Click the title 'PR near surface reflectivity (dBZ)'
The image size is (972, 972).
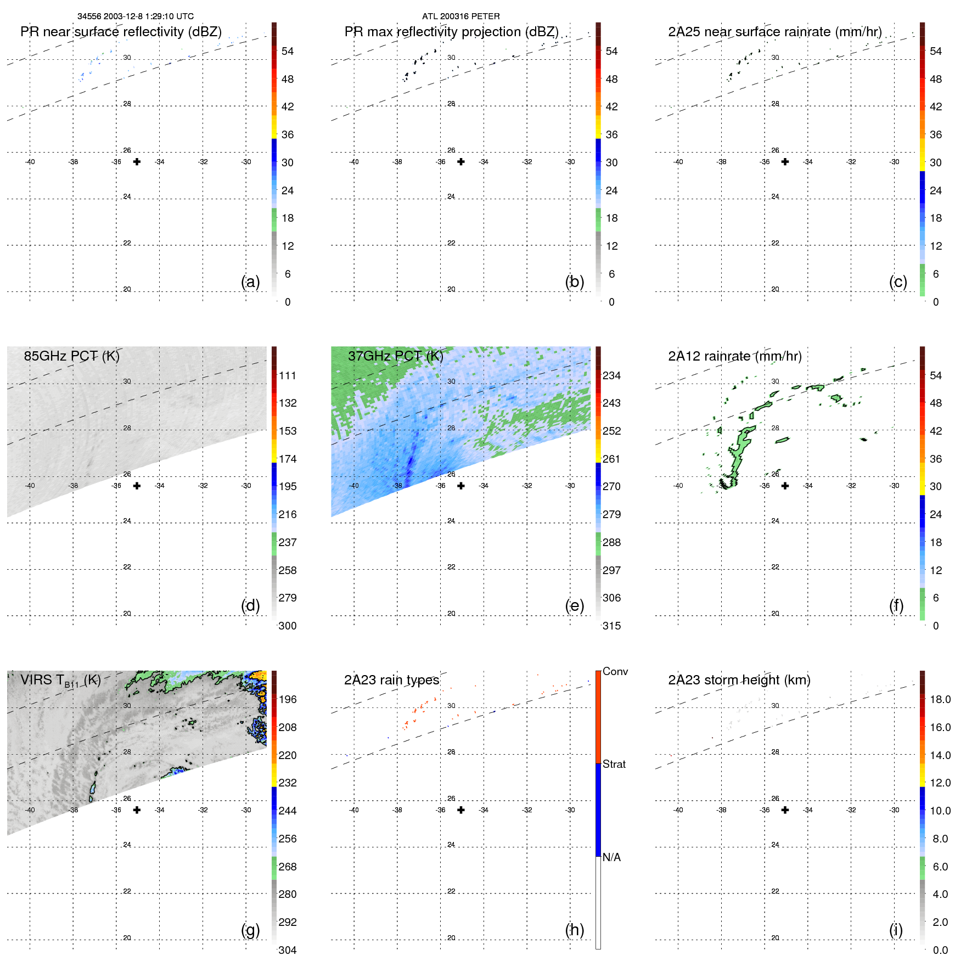coord(121,32)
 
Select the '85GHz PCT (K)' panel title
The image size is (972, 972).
coord(71,356)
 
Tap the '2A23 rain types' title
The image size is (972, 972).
coord(391,680)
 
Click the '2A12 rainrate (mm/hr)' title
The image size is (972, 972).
coord(734,356)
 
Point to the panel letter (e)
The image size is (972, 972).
coord(574,605)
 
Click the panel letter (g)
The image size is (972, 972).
coord(250,930)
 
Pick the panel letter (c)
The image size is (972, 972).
coord(898,282)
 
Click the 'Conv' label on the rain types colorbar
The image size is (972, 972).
coord(615,671)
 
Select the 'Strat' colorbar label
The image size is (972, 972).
coord(614,764)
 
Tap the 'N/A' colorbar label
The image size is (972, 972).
coord(611,857)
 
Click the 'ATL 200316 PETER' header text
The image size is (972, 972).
coord(460,16)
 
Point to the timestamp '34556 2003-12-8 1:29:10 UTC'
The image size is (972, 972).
coord(135,16)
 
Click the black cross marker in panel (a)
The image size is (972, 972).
coord(137,161)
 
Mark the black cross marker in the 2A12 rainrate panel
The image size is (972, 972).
coord(785,486)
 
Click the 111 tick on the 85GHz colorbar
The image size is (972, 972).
coord(287,375)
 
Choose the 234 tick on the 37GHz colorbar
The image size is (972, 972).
coord(611,375)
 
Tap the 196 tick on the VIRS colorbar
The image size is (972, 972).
coord(287,699)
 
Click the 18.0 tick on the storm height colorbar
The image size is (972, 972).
coord(940,699)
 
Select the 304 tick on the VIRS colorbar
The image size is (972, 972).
coord(287,950)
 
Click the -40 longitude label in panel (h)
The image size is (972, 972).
coord(354,810)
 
